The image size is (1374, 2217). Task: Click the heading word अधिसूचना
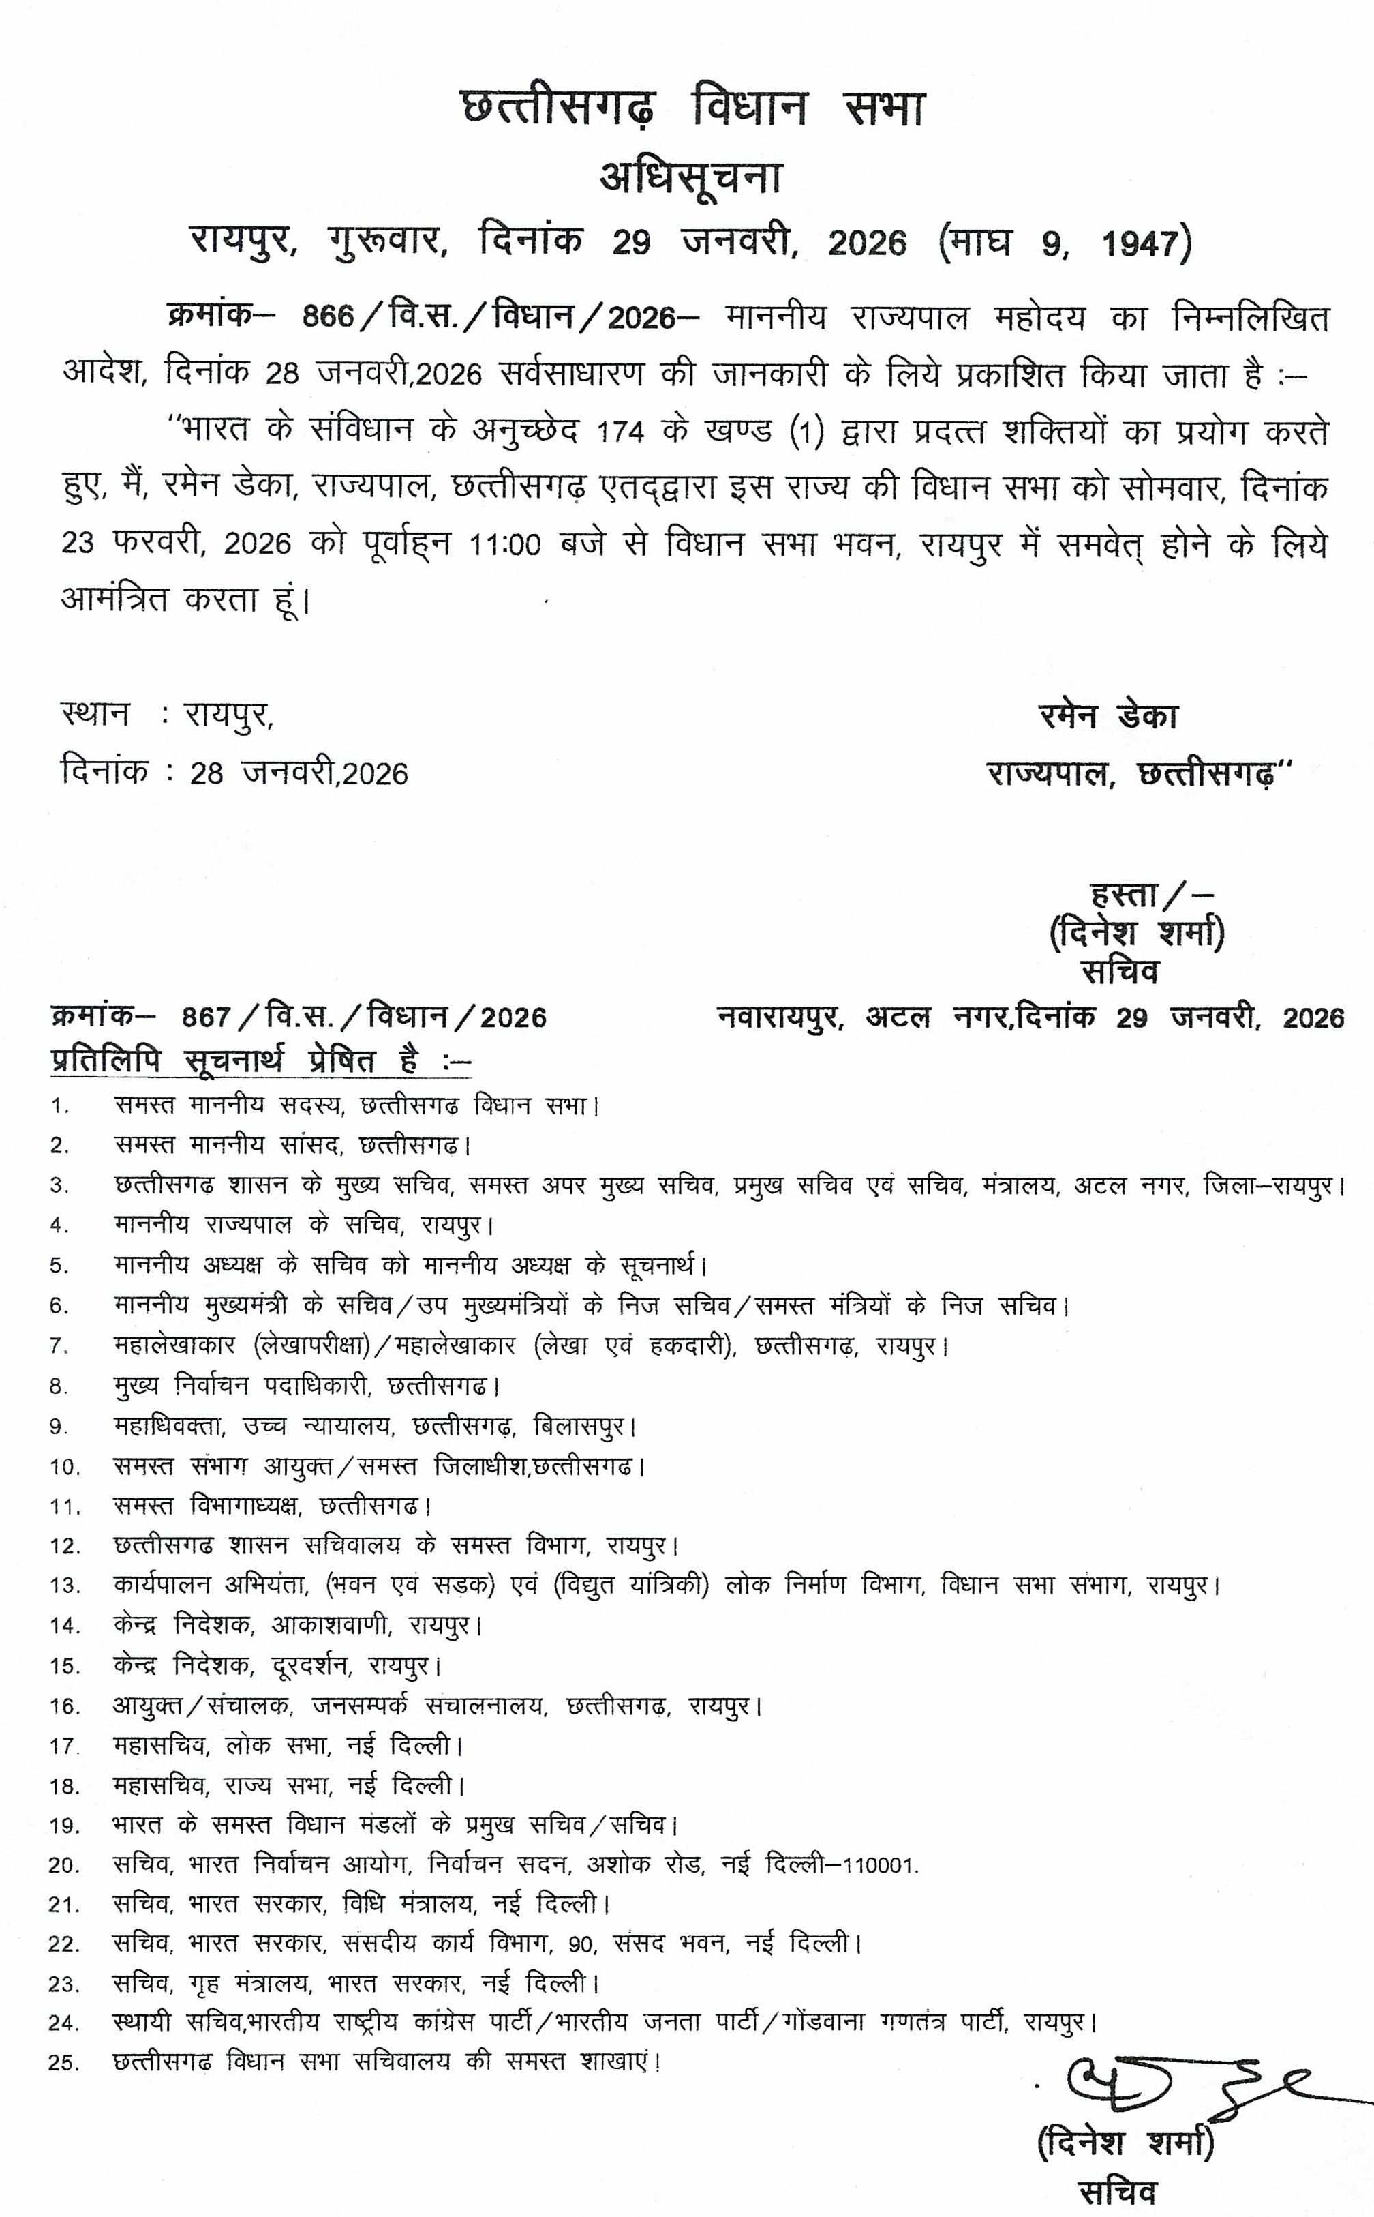(690, 177)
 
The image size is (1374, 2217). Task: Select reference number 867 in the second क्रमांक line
(207, 1017)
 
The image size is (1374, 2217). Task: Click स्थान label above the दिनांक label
(95, 715)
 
